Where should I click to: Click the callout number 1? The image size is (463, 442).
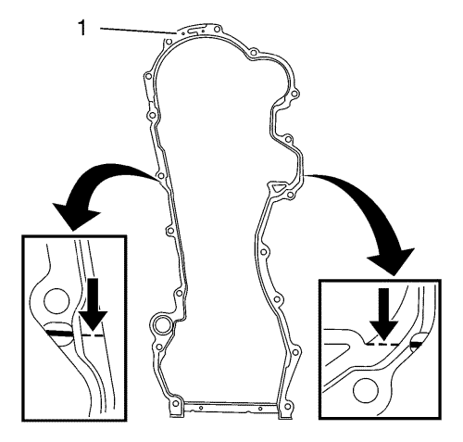(81, 28)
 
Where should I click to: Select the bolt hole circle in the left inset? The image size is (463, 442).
(56, 301)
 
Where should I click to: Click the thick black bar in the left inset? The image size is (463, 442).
(60, 333)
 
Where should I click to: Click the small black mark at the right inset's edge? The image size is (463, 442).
(416, 344)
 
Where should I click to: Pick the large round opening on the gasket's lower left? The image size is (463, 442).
(161, 325)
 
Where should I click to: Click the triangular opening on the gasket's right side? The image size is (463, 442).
(277, 187)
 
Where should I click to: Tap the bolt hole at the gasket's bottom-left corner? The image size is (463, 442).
(176, 404)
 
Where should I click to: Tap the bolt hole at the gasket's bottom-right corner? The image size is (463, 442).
(288, 405)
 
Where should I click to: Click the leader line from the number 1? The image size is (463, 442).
(138, 31)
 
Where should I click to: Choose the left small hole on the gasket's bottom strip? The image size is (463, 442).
(201, 408)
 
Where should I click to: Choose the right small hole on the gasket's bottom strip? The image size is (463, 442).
(260, 409)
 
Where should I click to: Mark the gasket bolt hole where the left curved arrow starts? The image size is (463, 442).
(160, 176)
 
